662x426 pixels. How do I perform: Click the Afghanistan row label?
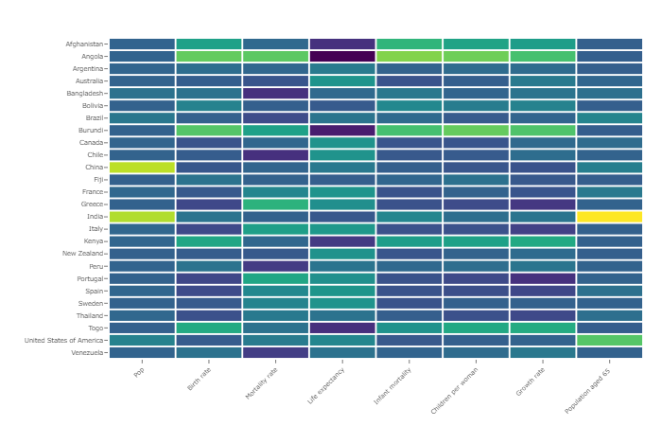pyautogui.click(x=84, y=44)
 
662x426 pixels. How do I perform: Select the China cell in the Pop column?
pyautogui.click(x=142, y=168)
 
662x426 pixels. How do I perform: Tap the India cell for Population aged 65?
pyautogui.click(x=609, y=217)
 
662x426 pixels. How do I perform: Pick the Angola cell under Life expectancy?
pyautogui.click(x=342, y=57)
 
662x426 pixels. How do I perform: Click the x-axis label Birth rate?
pyautogui.click(x=199, y=380)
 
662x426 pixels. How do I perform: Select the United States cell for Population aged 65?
pyautogui.click(x=609, y=340)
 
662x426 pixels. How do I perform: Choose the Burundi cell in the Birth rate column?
pyautogui.click(x=209, y=131)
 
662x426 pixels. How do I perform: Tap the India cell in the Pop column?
pyautogui.click(x=142, y=217)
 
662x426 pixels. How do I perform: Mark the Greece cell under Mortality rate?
pyautogui.click(x=275, y=204)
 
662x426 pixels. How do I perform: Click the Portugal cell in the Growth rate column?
pyautogui.click(x=543, y=278)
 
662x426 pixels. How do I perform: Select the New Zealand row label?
pyautogui.click(x=82, y=254)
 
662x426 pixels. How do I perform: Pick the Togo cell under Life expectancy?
pyautogui.click(x=342, y=328)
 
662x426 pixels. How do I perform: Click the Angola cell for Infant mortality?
pyautogui.click(x=409, y=57)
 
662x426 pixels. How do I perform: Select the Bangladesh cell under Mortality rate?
pyautogui.click(x=275, y=94)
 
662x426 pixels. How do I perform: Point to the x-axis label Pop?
pyautogui.click(x=139, y=372)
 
